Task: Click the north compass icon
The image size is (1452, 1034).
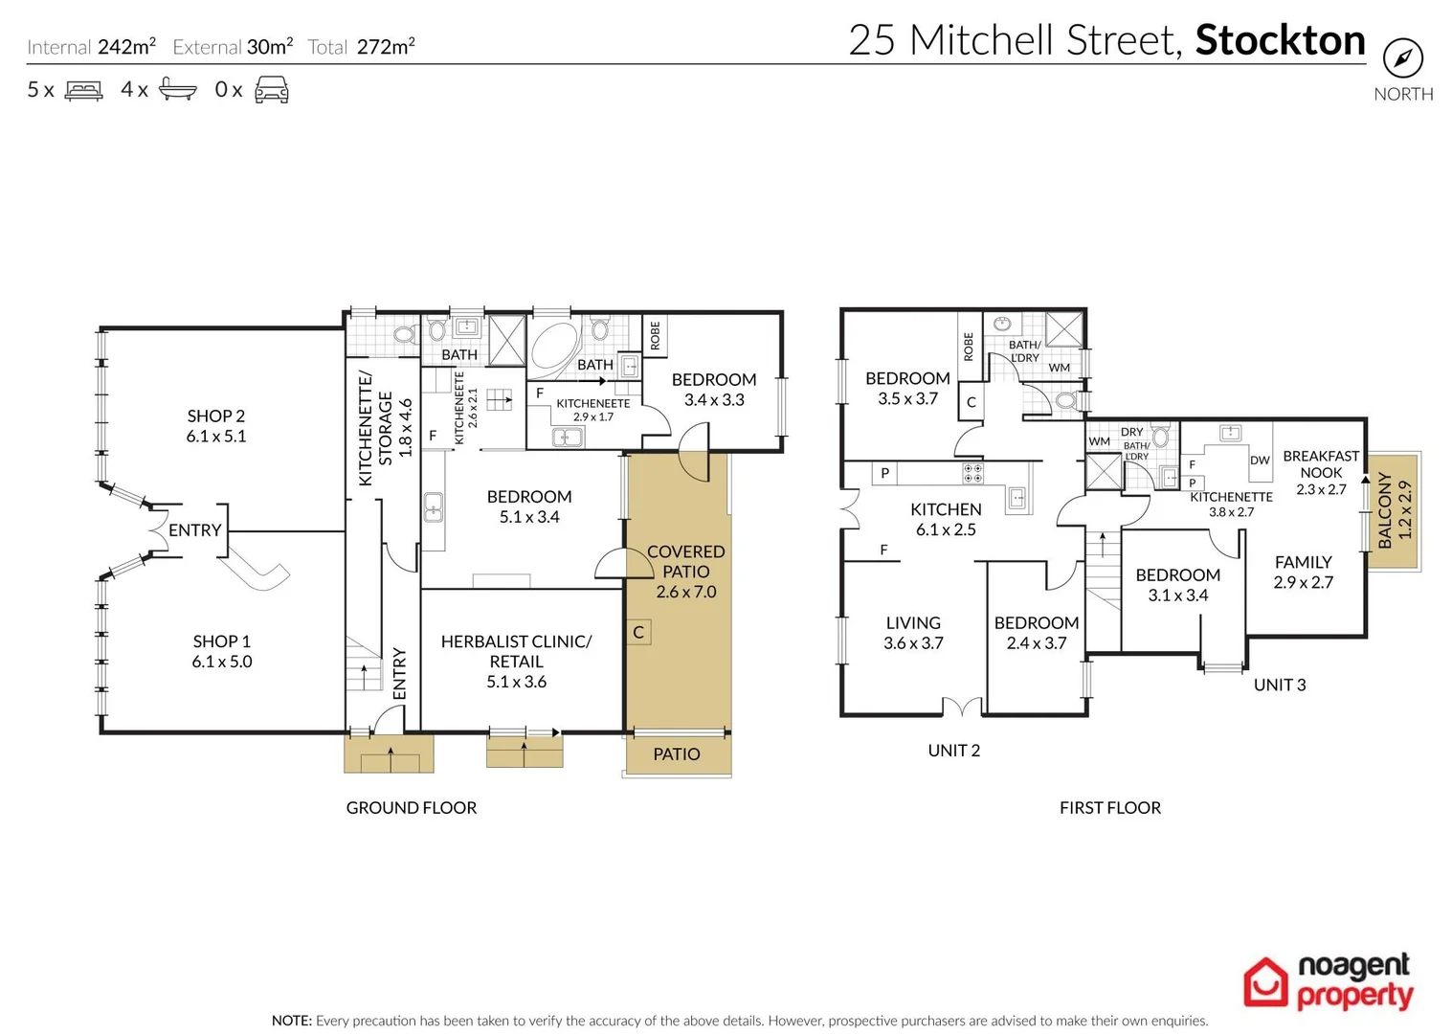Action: pyautogui.click(x=1402, y=58)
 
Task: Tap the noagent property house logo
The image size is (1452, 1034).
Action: pyautogui.click(x=1265, y=982)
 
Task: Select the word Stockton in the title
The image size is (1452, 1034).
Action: pyautogui.click(x=1280, y=40)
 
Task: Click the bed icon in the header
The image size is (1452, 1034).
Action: pyautogui.click(x=83, y=91)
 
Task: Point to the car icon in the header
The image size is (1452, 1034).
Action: pyautogui.click(x=272, y=90)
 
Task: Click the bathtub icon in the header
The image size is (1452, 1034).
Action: pyautogui.click(x=177, y=90)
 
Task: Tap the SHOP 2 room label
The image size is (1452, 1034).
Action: pyautogui.click(x=215, y=426)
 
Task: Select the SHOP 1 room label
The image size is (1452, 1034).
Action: pyautogui.click(x=221, y=651)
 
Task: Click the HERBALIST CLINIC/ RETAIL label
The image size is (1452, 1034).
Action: pyautogui.click(x=516, y=661)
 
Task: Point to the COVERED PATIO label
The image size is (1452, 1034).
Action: pyautogui.click(x=685, y=571)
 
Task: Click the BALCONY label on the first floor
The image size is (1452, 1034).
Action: pyautogui.click(x=1395, y=510)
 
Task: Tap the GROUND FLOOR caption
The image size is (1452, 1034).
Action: pyautogui.click(x=411, y=808)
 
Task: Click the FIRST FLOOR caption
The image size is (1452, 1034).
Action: pyautogui.click(x=1109, y=808)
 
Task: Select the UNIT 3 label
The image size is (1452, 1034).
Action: pyautogui.click(x=1279, y=685)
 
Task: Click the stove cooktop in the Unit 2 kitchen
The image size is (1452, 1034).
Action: pyautogui.click(x=972, y=473)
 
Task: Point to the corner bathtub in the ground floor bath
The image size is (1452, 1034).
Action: pyautogui.click(x=553, y=344)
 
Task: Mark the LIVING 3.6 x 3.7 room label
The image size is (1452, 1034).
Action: pyautogui.click(x=913, y=633)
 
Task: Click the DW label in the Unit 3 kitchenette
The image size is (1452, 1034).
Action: pyautogui.click(x=1260, y=461)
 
